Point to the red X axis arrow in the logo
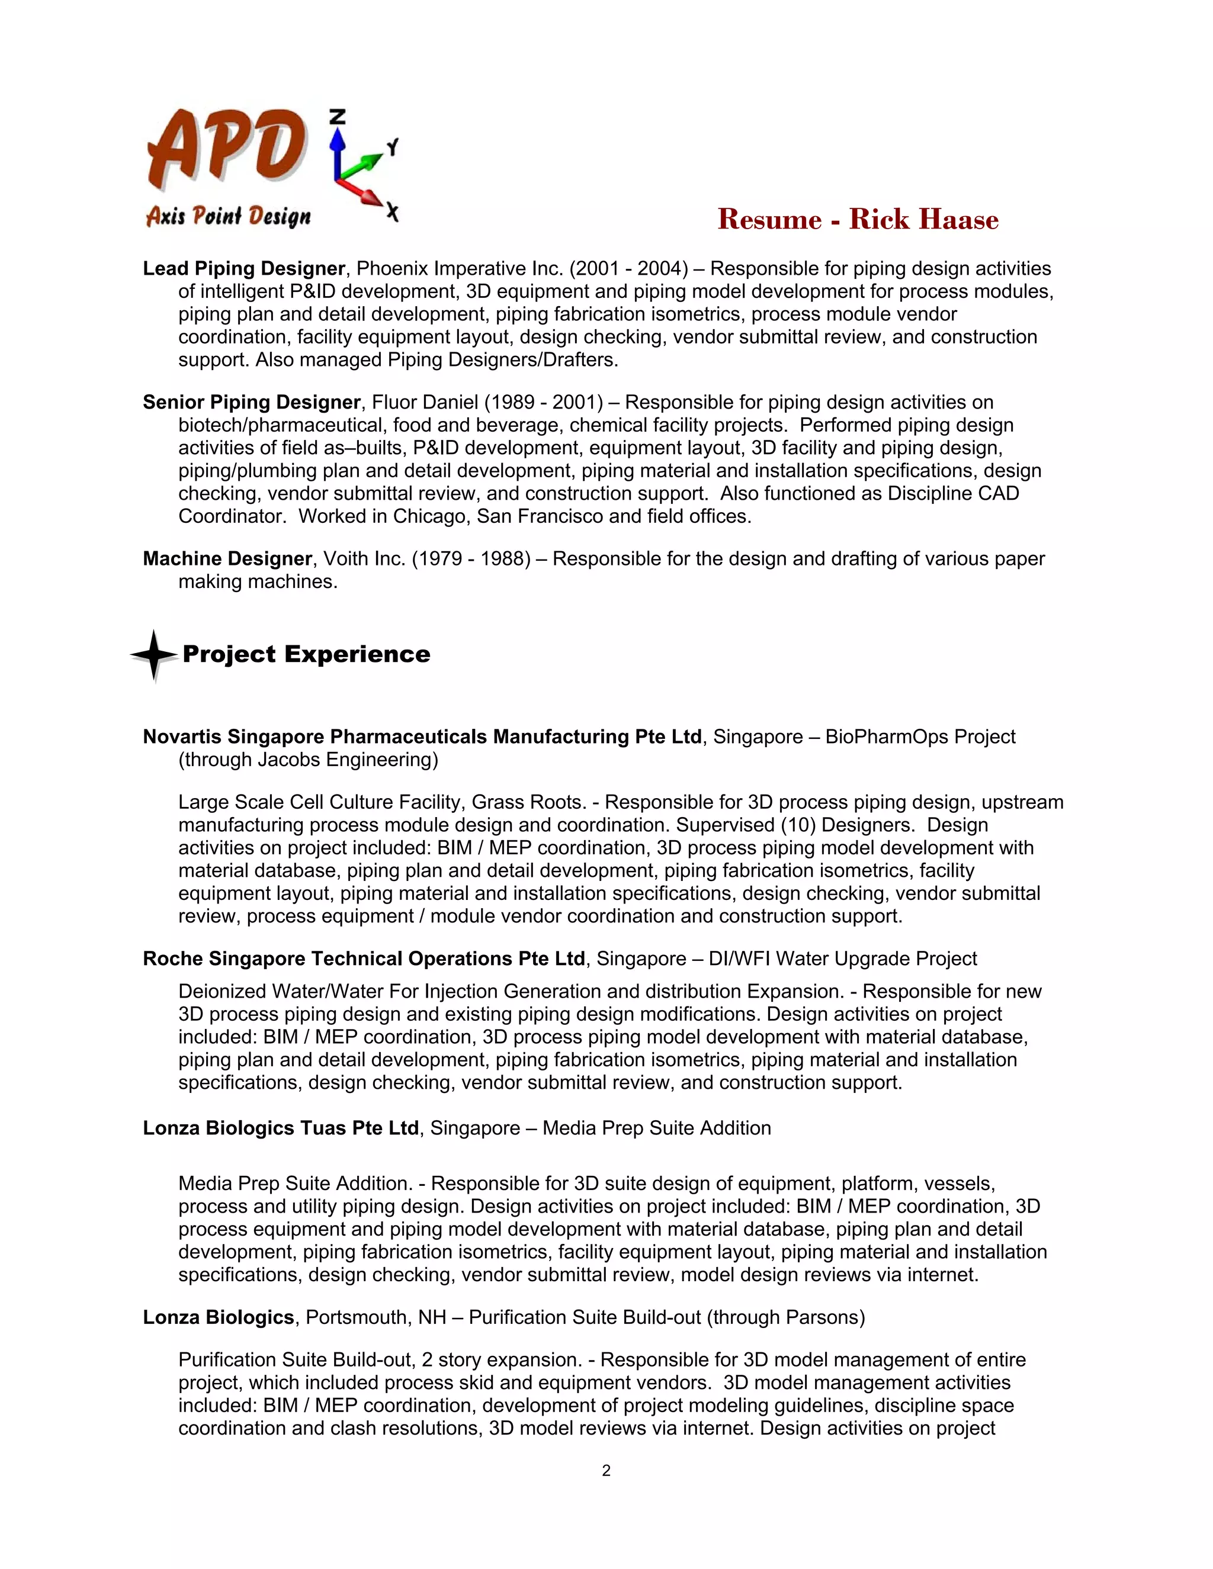pyautogui.click(x=363, y=192)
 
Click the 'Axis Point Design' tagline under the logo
pyautogui.click(x=229, y=216)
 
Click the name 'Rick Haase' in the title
pyautogui.click(x=923, y=220)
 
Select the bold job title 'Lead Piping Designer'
pyautogui.click(x=243, y=269)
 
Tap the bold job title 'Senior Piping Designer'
pyautogui.click(x=251, y=402)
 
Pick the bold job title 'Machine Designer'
pyautogui.click(x=227, y=559)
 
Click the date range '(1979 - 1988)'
pyautogui.click(x=471, y=559)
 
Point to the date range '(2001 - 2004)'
pyautogui.click(x=629, y=269)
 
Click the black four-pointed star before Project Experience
pyautogui.click(x=154, y=654)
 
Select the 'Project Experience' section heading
pyautogui.click(x=306, y=654)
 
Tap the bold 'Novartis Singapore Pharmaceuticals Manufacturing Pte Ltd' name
pyautogui.click(x=422, y=737)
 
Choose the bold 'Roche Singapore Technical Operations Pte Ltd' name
pyautogui.click(x=364, y=959)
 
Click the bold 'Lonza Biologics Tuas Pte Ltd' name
pyautogui.click(x=280, y=1128)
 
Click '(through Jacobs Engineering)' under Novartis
pyautogui.click(x=308, y=760)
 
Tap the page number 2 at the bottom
pyautogui.click(x=606, y=1471)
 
